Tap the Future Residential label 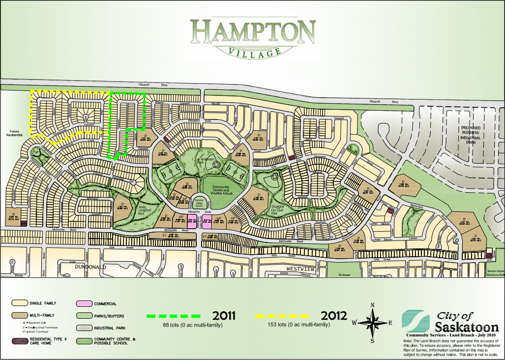(15, 134)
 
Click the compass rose (372, 323)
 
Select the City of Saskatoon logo (450, 323)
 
